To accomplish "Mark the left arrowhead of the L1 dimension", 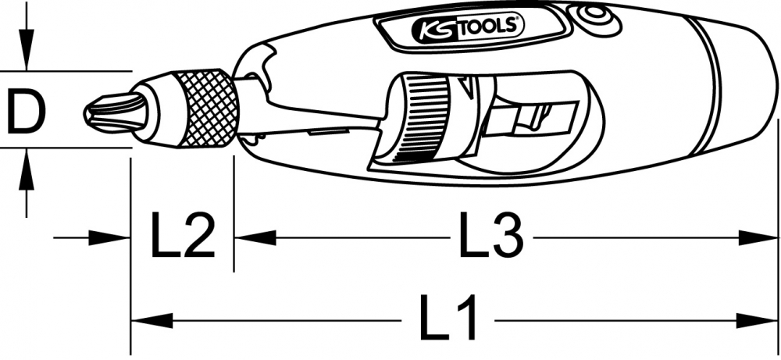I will pos(148,319).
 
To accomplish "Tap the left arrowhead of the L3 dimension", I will pos(255,237).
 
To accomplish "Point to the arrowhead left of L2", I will pos(112,237).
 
